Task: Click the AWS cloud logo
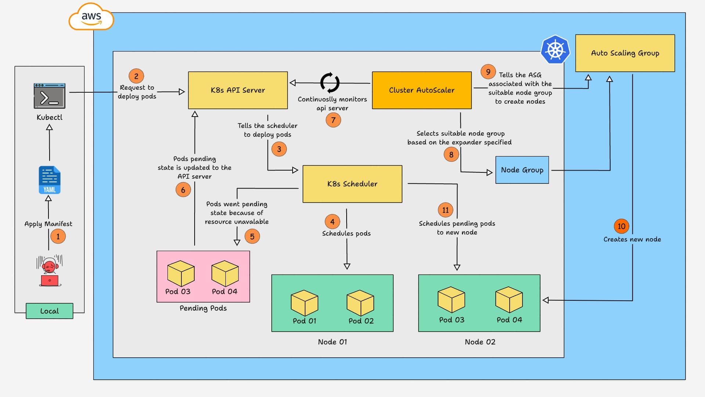91,17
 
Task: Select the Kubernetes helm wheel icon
555,50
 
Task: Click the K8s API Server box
238,90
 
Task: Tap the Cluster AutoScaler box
422,90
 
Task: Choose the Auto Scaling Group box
625,53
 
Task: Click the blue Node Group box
522,170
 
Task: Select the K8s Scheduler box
352,184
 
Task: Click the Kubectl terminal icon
50,96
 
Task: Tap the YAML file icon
50,180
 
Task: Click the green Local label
49,311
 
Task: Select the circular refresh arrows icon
330,83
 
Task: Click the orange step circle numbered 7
333,120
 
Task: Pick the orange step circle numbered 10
621,226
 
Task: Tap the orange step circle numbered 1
58,236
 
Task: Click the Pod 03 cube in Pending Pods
181,273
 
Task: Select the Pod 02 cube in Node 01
360,303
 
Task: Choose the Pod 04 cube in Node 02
509,300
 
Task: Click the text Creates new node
632,239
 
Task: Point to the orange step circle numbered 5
252,236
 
